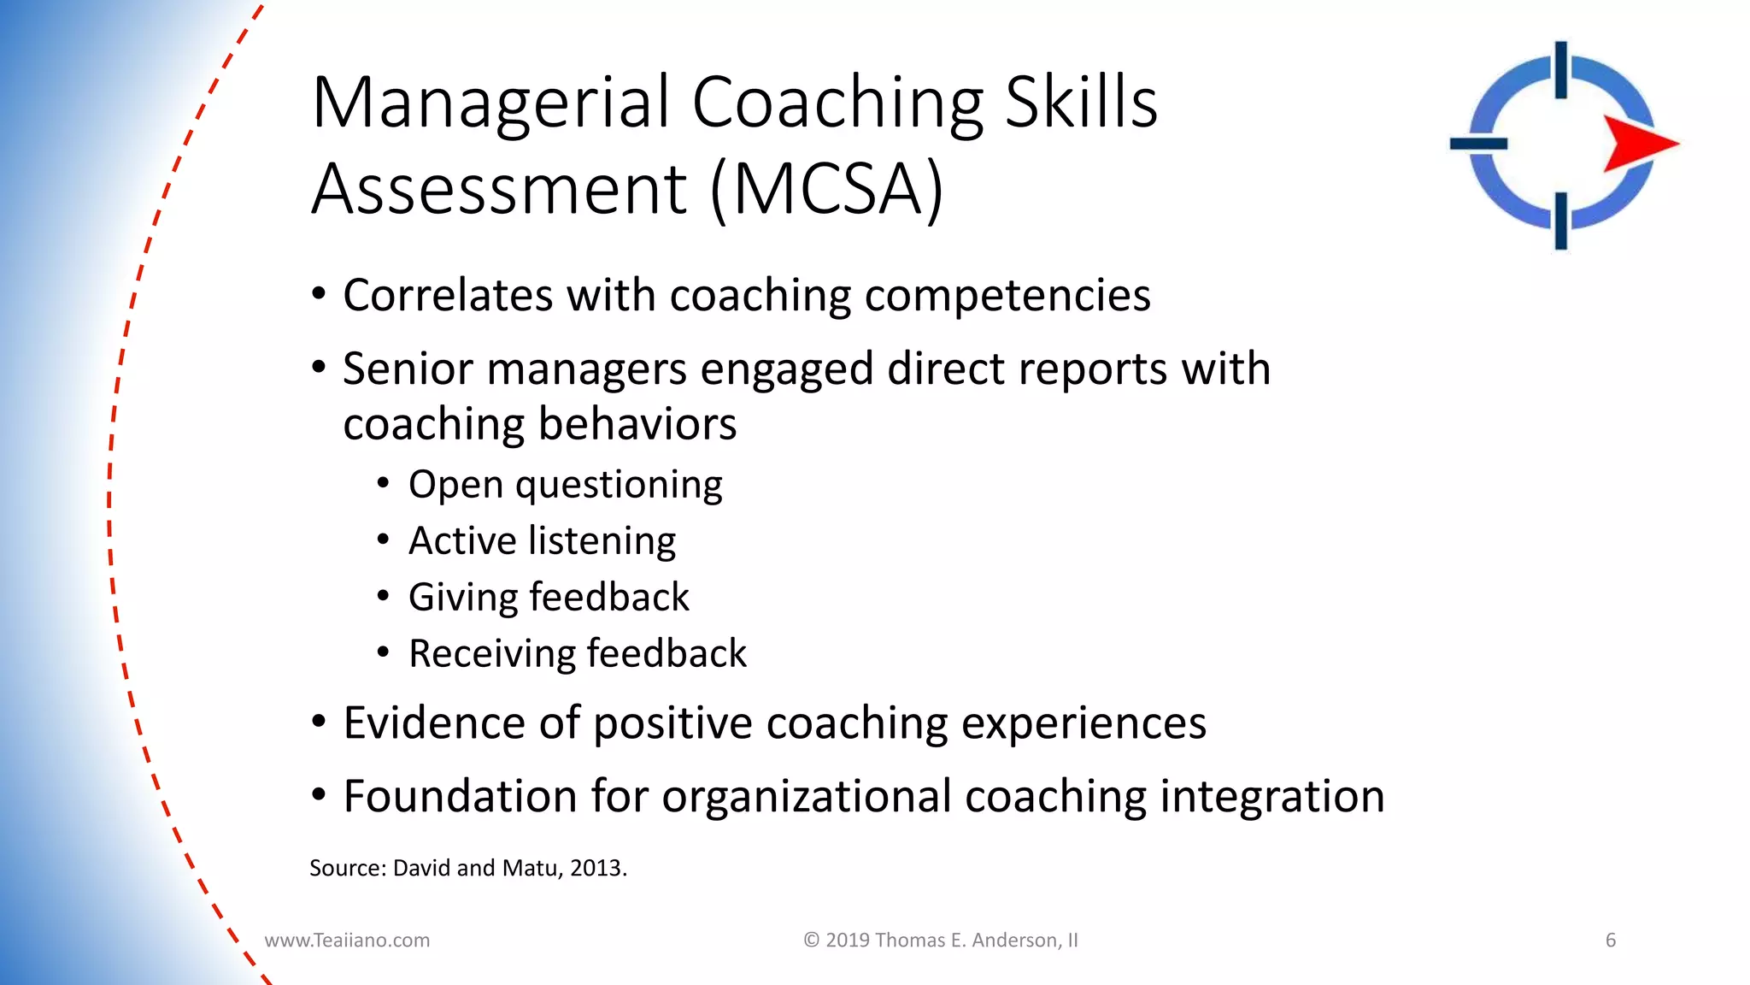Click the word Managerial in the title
click(x=490, y=103)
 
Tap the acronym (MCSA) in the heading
click(x=827, y=189)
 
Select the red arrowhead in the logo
click(x=1638, y=143)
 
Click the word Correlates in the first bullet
click(x=447, y=296)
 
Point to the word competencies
click(x=1007, y=296)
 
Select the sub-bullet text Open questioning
click(x=565, y=485)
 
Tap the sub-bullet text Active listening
click(x=542, y=541)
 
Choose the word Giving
click(x=461, y=598)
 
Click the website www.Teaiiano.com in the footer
click(x=347, y=941)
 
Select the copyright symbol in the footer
click(x=811, y=941)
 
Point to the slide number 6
click(x=1611, y=941)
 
